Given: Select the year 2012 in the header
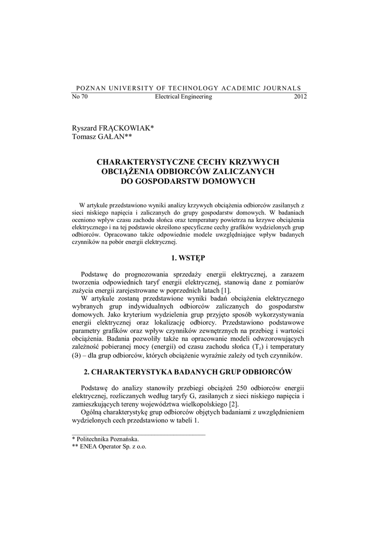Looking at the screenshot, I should point(300,97).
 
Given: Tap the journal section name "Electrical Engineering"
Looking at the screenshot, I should point(184,97).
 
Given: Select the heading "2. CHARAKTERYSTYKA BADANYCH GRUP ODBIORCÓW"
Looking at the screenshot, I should point(188,371).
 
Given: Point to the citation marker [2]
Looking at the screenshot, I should point(234,404).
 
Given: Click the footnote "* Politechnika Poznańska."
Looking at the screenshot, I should point(105,439).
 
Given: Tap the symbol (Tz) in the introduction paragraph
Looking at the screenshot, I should point(242,347).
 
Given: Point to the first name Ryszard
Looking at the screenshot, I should point(84,128).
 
